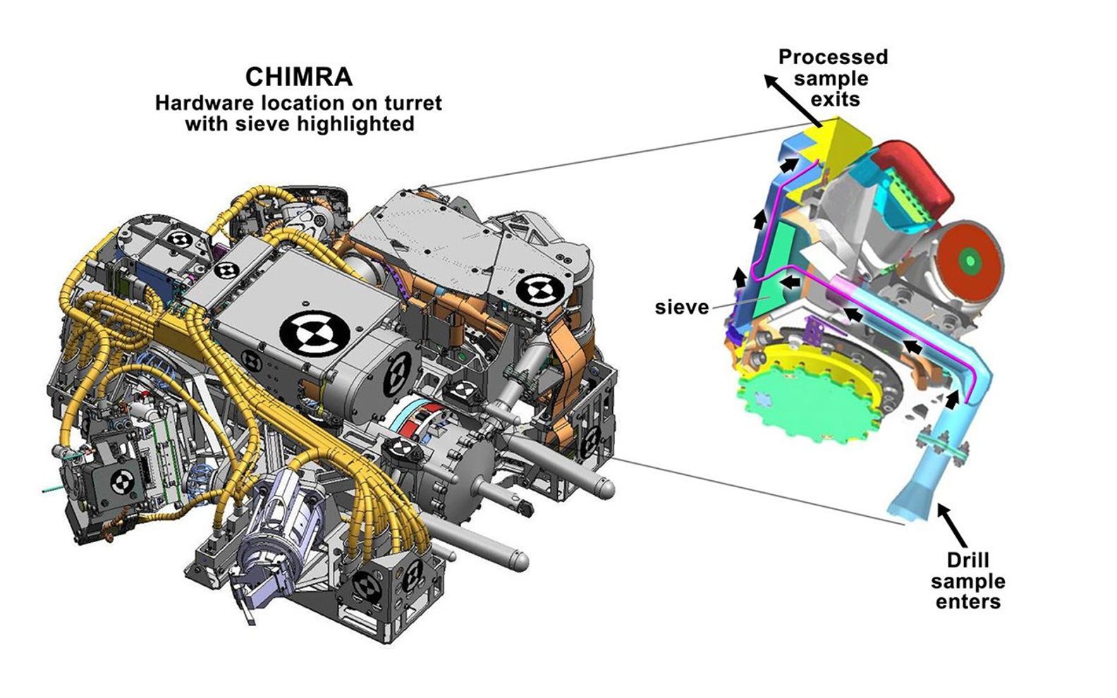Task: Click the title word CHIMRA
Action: tap(298, 76)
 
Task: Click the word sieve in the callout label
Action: tap(681, 307)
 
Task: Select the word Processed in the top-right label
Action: tap(833, 57)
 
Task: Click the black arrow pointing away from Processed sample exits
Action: tap(791, 99)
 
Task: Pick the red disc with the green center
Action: tap(972, 261)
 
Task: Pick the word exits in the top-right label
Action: tap(835, 99)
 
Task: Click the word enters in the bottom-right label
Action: tap(968, 602)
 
